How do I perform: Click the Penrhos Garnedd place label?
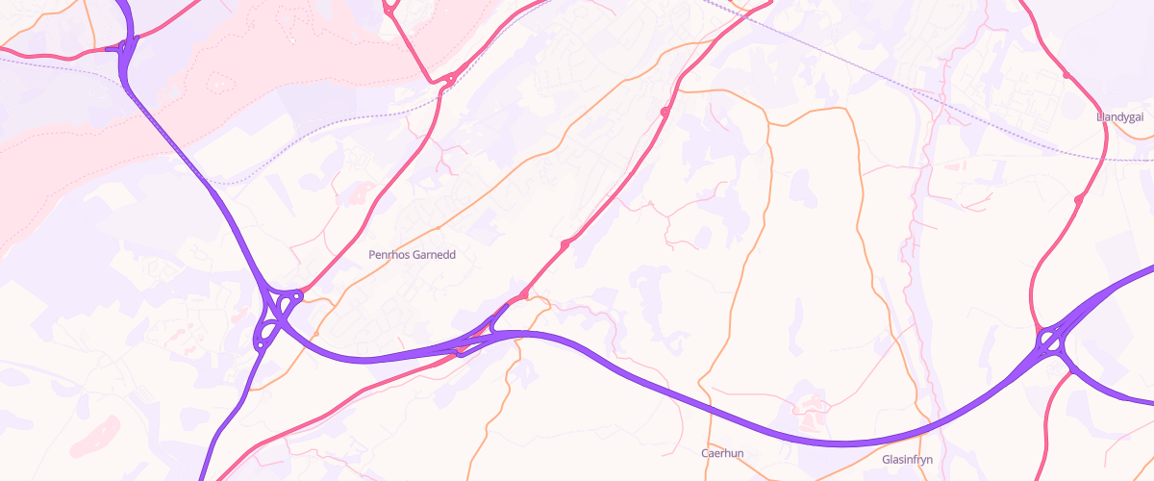(x=412, y=256)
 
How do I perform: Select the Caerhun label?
(x=722, y=453)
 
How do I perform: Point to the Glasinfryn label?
(x=907, y=460)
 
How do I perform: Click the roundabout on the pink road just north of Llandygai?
(x=1066, y=74)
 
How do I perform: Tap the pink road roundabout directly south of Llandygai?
(x=1079, y=198)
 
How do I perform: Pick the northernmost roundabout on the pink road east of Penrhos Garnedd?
(x=665, y=114)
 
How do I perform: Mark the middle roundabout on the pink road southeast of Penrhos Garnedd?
(x=564, y=245)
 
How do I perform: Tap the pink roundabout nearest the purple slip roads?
(x=524, y=294)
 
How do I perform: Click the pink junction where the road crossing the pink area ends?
(x=448, y=81)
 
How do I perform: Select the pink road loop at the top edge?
(x=390, y=8)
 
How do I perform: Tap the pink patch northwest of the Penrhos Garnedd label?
(x=358, y=193)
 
